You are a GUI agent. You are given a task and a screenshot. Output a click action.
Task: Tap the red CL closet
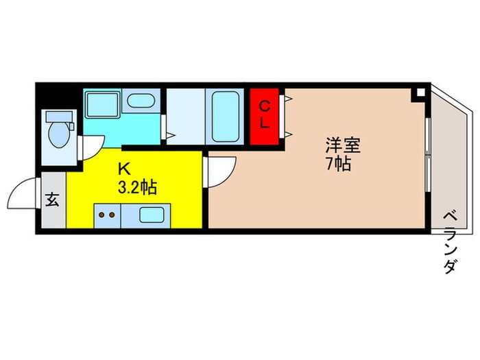point(267,116)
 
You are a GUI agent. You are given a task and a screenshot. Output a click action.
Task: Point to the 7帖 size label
point(338,165)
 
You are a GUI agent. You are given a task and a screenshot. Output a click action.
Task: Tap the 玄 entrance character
point(52,200)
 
